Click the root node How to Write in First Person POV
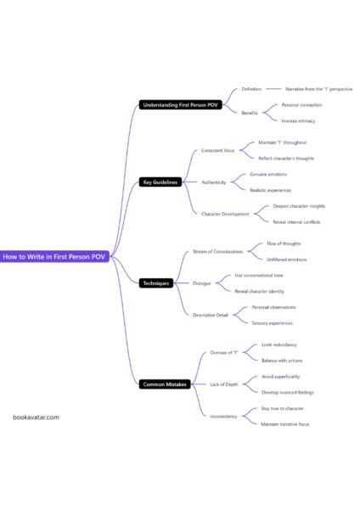click(x=54, y=255)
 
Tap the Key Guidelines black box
click(x=160, y=182)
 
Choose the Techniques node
click(x=157, y=282)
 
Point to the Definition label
click(x=251, y=88)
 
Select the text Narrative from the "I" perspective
click(x=318, y=88)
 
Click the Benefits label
click(x=250, y=113)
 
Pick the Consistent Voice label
click(x=218, y=150)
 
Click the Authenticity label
click(x=214, y=182)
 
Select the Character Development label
click(x=225, y=214)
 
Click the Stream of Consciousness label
click(x=218, y=251)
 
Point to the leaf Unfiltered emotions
click(x=287, y=259)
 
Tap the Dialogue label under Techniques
click(x=202, y=282)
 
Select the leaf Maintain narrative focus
click(x=285, y=423)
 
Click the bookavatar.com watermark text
click(x=37, y=417)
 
